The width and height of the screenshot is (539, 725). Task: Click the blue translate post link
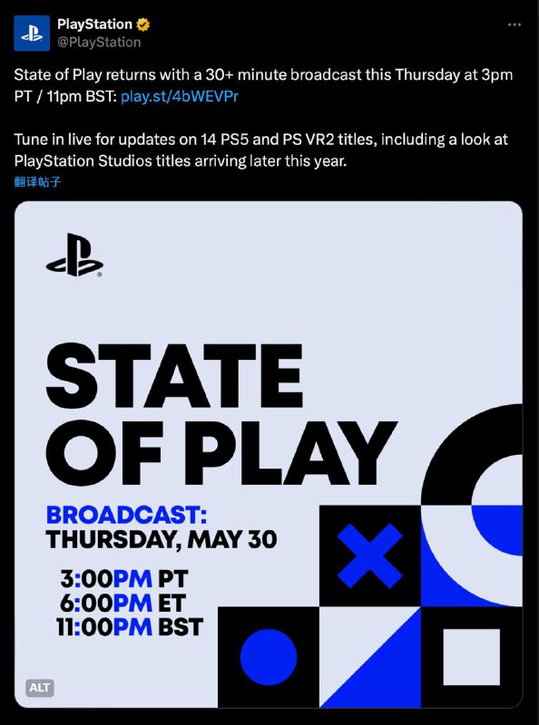(38, 181)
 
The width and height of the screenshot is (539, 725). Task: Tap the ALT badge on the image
(40, 688)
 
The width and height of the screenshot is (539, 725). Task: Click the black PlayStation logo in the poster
(73, 256)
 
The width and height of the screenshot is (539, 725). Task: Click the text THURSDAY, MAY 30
(162, 540)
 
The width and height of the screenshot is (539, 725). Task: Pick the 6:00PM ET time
(123, 603)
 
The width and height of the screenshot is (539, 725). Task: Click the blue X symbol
(369, 555)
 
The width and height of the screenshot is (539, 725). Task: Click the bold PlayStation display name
(94, 24)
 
